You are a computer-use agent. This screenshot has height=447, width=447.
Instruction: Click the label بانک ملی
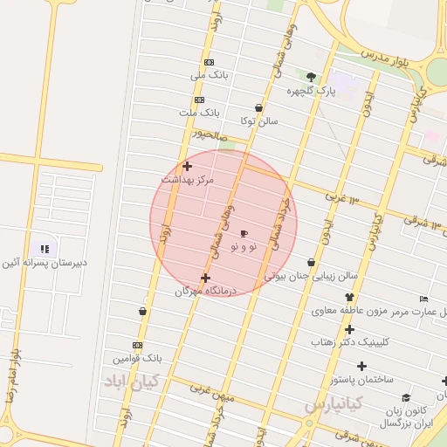point(210,76)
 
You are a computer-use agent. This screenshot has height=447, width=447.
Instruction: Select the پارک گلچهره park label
point(311,90)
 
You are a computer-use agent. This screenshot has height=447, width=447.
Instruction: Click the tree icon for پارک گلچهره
point(312,77)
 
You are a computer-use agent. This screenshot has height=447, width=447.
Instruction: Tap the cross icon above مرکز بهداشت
point(187,166)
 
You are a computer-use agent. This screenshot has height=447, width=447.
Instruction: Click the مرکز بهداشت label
point(187,179)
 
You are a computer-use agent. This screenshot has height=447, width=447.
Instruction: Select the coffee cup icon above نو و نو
point(244,234)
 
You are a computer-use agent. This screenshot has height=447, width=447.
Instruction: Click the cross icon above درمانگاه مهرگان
point(205,279)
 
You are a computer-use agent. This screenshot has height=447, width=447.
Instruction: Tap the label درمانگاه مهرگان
point(206,292)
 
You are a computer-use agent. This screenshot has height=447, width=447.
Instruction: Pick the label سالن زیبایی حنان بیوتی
point(311,276)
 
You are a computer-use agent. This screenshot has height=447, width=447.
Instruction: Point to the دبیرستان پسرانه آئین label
point(43,262)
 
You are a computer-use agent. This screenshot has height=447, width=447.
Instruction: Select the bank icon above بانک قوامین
point(137,345)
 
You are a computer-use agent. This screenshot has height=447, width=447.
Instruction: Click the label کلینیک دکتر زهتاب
point(348,343)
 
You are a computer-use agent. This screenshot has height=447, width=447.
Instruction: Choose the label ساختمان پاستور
point(358,380)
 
